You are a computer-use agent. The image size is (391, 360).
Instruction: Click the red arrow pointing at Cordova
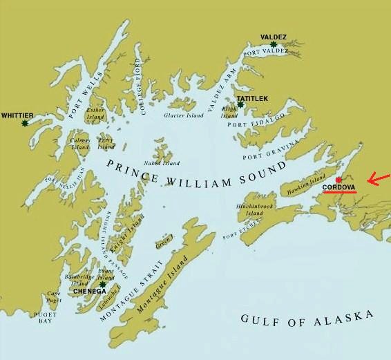pos(377,180)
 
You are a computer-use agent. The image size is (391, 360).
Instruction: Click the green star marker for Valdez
pos(274,44)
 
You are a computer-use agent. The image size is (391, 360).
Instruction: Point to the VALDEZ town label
pos(274,36)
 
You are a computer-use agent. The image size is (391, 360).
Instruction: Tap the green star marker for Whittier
pos(25,123)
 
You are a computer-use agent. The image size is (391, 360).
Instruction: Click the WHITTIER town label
pos(17,115)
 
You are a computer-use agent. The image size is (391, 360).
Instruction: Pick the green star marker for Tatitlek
pos(240,105)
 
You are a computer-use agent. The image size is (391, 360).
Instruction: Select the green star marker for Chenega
pos(102,284)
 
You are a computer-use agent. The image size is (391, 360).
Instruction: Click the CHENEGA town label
pos(90,292)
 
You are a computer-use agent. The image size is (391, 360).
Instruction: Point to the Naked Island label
pos(163,163)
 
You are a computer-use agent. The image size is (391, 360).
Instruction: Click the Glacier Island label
pos(184,115)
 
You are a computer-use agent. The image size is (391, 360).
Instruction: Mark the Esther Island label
pos(95,113)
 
